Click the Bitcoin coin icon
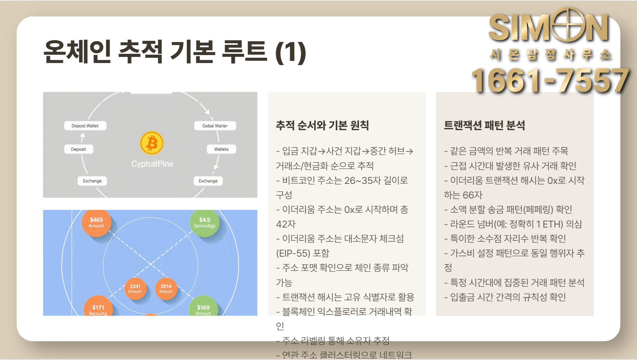click(x=152, y=143)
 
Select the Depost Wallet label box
click(x=85, y=126)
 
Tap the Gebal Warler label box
click(x=215, y=126)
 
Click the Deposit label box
click(x=79, y=149)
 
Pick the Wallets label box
click(x=221, y=149)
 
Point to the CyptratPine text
click(x=152, y=164)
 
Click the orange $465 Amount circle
click(x=96, y=222)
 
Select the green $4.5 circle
click(x=204, y=222)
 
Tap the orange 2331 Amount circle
click(x=135, y=288)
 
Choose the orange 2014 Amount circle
click(x=166, y=288)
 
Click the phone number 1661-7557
click(x=550, y=81)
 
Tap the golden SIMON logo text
click(x=549, y=28)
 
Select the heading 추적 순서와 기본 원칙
click(x=322, y=125)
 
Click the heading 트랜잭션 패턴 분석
click(x=484, y=125)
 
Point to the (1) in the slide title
click(x=291, y=52)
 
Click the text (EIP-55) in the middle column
click(x=293, y=253)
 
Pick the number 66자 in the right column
click(x=472, y=195)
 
